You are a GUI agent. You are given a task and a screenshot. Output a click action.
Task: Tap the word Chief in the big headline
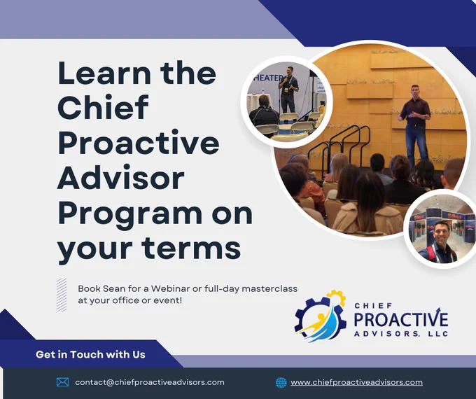pyautogui.click(x=103, y=107)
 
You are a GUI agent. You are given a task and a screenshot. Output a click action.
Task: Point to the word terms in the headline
pyautogui.click(x=192, y=247)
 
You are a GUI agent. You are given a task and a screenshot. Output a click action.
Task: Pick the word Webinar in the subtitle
pyautogui.click(x=170, y=288)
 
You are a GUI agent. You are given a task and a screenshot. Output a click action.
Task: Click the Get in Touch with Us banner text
pyautogui.click(x=90, y=354)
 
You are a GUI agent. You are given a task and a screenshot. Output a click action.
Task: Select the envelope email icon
pyautogui.click(x=62, y=382)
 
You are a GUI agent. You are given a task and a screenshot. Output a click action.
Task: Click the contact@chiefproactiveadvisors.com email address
pyautogui.click(x=150, y=382)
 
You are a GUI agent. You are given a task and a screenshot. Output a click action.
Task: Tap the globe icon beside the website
pyautogui.click(x=281, y=382)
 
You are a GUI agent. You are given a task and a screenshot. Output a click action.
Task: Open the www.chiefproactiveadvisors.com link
pyautogui.click(x=356, y=382)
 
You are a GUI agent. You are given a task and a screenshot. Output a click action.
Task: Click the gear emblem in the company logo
pyautogui.click(x=321, y=316)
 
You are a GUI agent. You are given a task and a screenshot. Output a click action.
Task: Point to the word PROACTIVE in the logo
pyautogui.click(x=400, y=318)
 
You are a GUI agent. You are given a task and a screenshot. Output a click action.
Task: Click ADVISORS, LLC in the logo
pyautogui.click(x=401, y=334)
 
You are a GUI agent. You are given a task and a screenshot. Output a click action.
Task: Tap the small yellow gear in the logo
pyautogui.click(x=337, y=297)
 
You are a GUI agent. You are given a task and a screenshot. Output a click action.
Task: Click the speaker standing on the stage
pyautogui.click(x=416, y=125)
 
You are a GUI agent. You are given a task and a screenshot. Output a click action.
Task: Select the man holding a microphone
pyautogui.click(x=288, y=90)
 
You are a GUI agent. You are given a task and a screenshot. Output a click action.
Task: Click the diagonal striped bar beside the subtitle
pyautogui.click(x=62, y=295)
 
